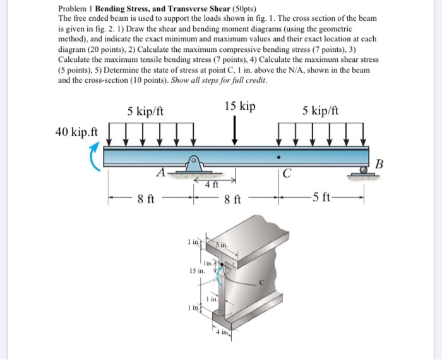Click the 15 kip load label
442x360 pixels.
[240, 106]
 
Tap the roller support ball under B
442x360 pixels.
[364, 169]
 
